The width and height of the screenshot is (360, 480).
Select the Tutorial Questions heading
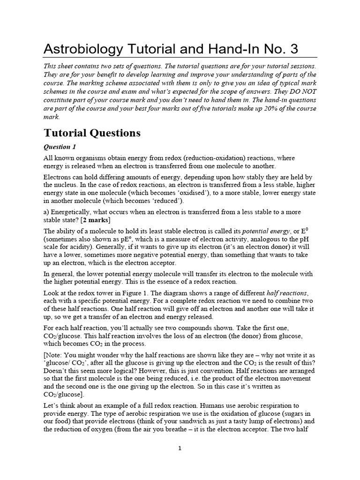pos(92,133)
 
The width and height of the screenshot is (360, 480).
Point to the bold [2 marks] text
pos(97,220)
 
